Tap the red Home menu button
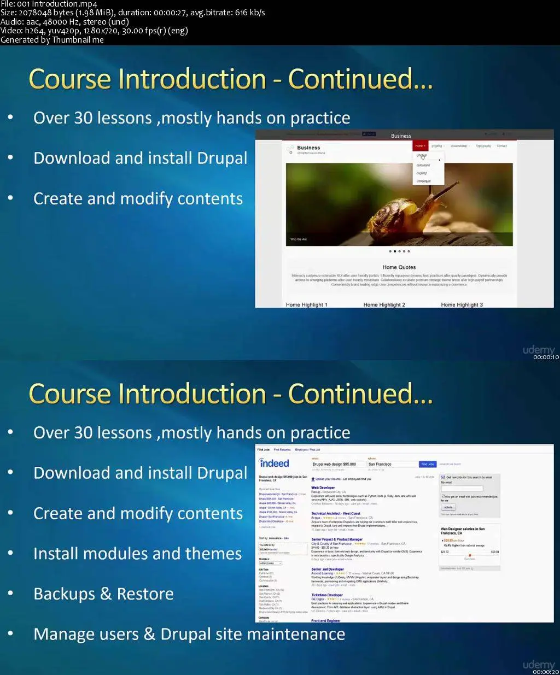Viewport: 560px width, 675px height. pos(419,146)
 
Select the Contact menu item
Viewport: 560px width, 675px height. pos(501,146)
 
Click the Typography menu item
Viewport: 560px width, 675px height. pos(483,146)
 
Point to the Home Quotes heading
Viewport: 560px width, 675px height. pos(399,267)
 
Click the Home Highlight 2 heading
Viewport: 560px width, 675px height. pos(384,305)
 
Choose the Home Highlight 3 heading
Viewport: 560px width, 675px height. pos(462,305)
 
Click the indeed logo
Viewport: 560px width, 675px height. pos(274,463)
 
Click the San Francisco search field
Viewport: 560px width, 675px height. pos(392,464)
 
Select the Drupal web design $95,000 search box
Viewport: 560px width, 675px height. pos(337,464)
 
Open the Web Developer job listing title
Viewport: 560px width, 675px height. pos(323,488)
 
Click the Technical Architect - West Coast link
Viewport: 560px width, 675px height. pos(336,514)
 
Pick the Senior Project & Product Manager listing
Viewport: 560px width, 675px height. pos(337,539)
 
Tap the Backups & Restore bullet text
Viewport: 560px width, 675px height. pos(103,594)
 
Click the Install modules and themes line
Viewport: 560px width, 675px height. pos(137,554)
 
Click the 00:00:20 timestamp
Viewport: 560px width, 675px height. pos(546,672)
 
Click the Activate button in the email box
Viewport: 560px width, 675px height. pos(448,507)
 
